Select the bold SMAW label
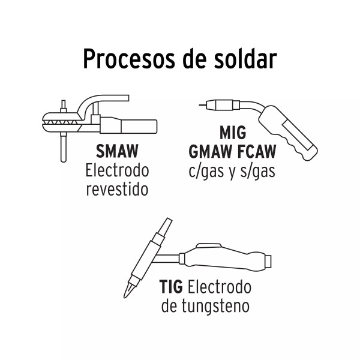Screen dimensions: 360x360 117,151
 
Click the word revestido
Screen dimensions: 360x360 117,190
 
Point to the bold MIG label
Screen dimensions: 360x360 233,133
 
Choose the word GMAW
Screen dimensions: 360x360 210,152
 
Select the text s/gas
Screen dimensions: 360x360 257,171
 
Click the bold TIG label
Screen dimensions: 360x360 171,287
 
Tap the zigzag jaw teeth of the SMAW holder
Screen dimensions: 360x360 62,122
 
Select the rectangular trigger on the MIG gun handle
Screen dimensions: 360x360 298,136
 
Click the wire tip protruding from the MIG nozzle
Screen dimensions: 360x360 203,105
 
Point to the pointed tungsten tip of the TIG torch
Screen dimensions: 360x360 127,290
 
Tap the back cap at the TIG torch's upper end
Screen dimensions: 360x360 166,227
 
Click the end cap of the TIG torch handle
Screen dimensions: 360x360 268,261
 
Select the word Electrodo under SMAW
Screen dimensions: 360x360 117,170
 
